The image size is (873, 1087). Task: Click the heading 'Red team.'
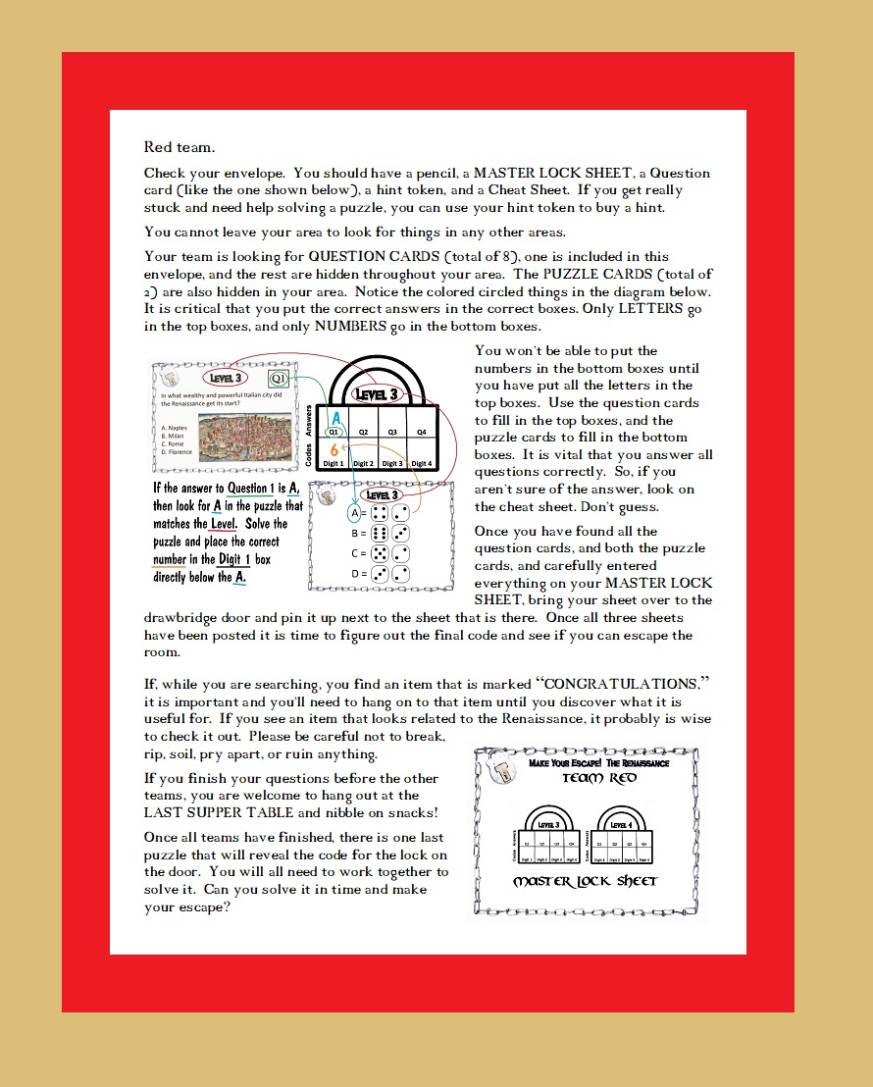tap(180, 147)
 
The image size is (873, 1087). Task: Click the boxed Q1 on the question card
tap(280, 378)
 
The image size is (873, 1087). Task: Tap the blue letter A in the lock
tap(335, 418)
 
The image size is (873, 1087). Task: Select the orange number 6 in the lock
tap(334, 449)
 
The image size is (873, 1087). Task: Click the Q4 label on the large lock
tap(422, 431)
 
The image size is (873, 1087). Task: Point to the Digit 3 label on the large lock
tap(392, 463)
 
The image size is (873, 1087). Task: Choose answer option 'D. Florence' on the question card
tap(178, 453)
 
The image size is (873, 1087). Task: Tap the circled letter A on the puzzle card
tap(352, 512)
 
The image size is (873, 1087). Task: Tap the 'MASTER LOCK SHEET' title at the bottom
tap(586, 881)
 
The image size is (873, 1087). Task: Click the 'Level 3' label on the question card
tap(227, 378)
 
